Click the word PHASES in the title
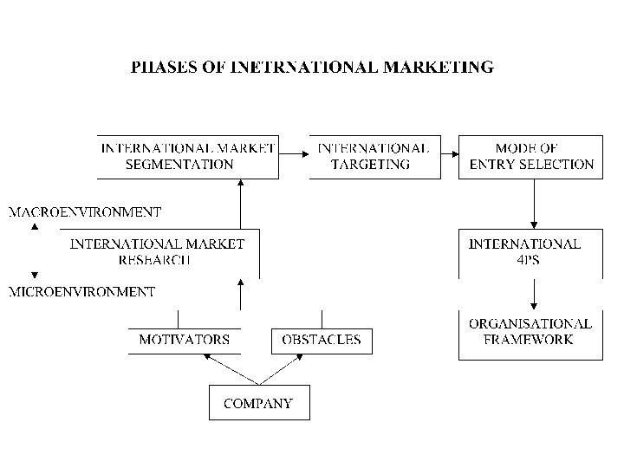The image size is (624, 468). pyautogui.click(x=163, y=66)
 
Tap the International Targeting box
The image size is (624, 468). pyautogui.click(x=374, y=156)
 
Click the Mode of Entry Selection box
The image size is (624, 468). pyautogui.click(x=530, y=156)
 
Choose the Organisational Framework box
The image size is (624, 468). pyautogui.click(x=530, y=332)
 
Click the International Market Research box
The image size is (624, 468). pyautogui.click(x=158, y=252)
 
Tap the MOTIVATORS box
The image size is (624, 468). pyautogui.click(x=185, y=340)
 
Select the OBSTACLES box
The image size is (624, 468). pyautogui.click(x=322, y=340)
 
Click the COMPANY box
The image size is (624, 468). pyautogui.click(x=258, y=403)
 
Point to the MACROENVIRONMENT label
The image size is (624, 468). pyautogui.click(x=85, y=211)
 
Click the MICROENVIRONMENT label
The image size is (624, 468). pyautogui.click(x=82, y=292)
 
